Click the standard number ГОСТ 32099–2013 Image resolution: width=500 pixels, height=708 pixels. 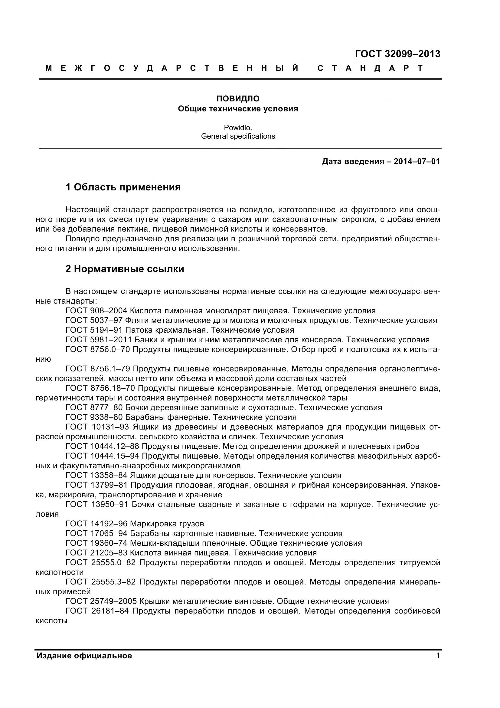pyautogui.click(x=397, y=54)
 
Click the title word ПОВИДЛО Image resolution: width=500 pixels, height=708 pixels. pyautogui.click(x=238, y=99)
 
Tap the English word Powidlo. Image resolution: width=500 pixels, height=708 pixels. pyautogui.click(x=238, y=127)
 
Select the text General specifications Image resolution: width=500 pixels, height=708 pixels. pyautogui.click(x=238, y=136)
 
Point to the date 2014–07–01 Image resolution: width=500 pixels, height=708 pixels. pyautogui.click(x=417, y=162)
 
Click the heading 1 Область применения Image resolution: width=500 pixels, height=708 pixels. pyautogui.click(x=123, y=187)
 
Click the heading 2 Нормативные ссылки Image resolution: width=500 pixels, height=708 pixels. pyautogui.click(x=124, y=269)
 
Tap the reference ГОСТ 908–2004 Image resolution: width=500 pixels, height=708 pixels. pyautogui.click(x=96, y=311)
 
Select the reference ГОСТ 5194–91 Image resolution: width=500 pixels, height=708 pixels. pyautogui.click(x=94, y=330)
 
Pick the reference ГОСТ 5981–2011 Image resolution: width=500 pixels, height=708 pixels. pyautogui.click(x=99, y=340)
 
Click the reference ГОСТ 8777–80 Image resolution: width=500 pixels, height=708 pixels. pyautogui.click(x=94, y=408)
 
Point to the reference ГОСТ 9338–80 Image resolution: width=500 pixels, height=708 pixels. pyautogui.click(x=94, y=417)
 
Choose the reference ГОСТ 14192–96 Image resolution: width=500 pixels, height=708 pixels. pyautogui.click(x=96, y=524)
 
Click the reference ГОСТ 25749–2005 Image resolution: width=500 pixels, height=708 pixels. pyautogui.click(x=101, y=601)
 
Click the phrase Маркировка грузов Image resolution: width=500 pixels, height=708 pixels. pyautogui.click(x=167, y=524)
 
